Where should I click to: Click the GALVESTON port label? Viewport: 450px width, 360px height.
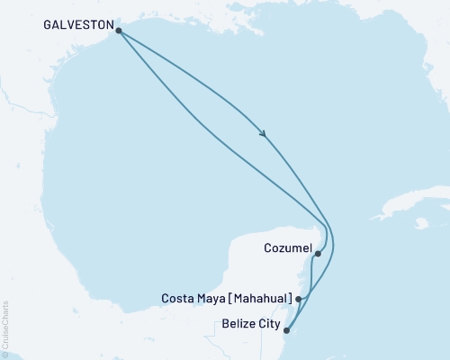(x=78, y=28)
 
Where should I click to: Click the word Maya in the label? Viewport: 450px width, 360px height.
(x=214, y=298)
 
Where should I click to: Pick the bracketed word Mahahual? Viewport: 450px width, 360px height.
(x=262, y=298)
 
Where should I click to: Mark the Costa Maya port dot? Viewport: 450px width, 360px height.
(x=299, y=298)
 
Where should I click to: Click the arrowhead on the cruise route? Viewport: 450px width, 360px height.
(x=264, y=134)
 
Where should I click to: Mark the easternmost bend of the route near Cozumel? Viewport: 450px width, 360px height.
(x=332, y=239)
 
